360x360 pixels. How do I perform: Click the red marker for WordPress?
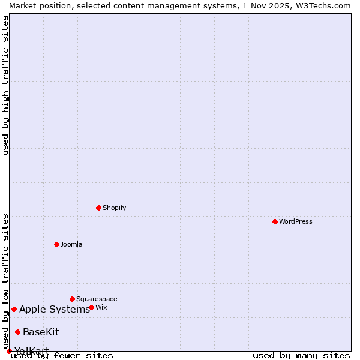(x=275, y=221)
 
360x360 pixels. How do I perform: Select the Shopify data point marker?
(x=98, y=208)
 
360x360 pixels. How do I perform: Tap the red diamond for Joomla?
(x=56, y=244)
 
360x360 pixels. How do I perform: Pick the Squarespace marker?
(x=72, y=299)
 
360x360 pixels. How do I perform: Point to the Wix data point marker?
(x=91, y=307)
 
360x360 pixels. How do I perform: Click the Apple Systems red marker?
(x=14, y=309)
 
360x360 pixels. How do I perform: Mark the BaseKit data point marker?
(x=17, y=332)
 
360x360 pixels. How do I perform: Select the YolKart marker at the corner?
(x=9, y=351)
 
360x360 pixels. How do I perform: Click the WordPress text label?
(x=296, y=221)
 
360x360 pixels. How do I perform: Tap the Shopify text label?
(x=115, y=208)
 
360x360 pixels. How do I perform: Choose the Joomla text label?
(x=71, y=244)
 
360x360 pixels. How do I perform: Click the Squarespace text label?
(x=97, y=299)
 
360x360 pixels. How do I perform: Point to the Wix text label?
(x=101, y=307)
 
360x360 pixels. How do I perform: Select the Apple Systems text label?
(x=55, y=309)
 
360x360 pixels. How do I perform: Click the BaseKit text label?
(x=41, y=332)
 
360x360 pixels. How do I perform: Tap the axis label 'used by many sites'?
(x=301, y=355)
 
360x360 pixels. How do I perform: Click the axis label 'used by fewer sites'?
(x=62, y=355)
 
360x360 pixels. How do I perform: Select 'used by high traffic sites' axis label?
(x=5, y=85)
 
